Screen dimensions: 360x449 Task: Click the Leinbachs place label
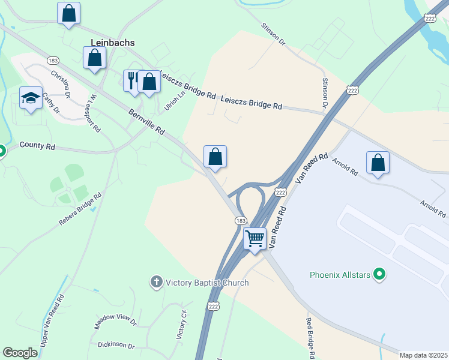click(x=113, y=43)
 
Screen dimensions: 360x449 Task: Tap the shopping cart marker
click(x=255, y=238)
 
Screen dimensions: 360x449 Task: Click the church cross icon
click(x=157, y=281)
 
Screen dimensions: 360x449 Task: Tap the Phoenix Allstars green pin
click(x=379, y=275)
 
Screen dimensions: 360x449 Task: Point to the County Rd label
click(x=37, y=146)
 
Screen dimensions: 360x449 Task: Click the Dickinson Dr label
click(x=116, y=346)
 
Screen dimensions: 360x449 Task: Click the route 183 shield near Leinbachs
click(x=53, y=61)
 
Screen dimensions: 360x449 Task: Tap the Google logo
click(x=20, y=353)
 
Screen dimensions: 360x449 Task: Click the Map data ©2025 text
click(x=423, y=355)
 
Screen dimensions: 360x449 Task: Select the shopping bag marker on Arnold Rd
click(x=378, y=163)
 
